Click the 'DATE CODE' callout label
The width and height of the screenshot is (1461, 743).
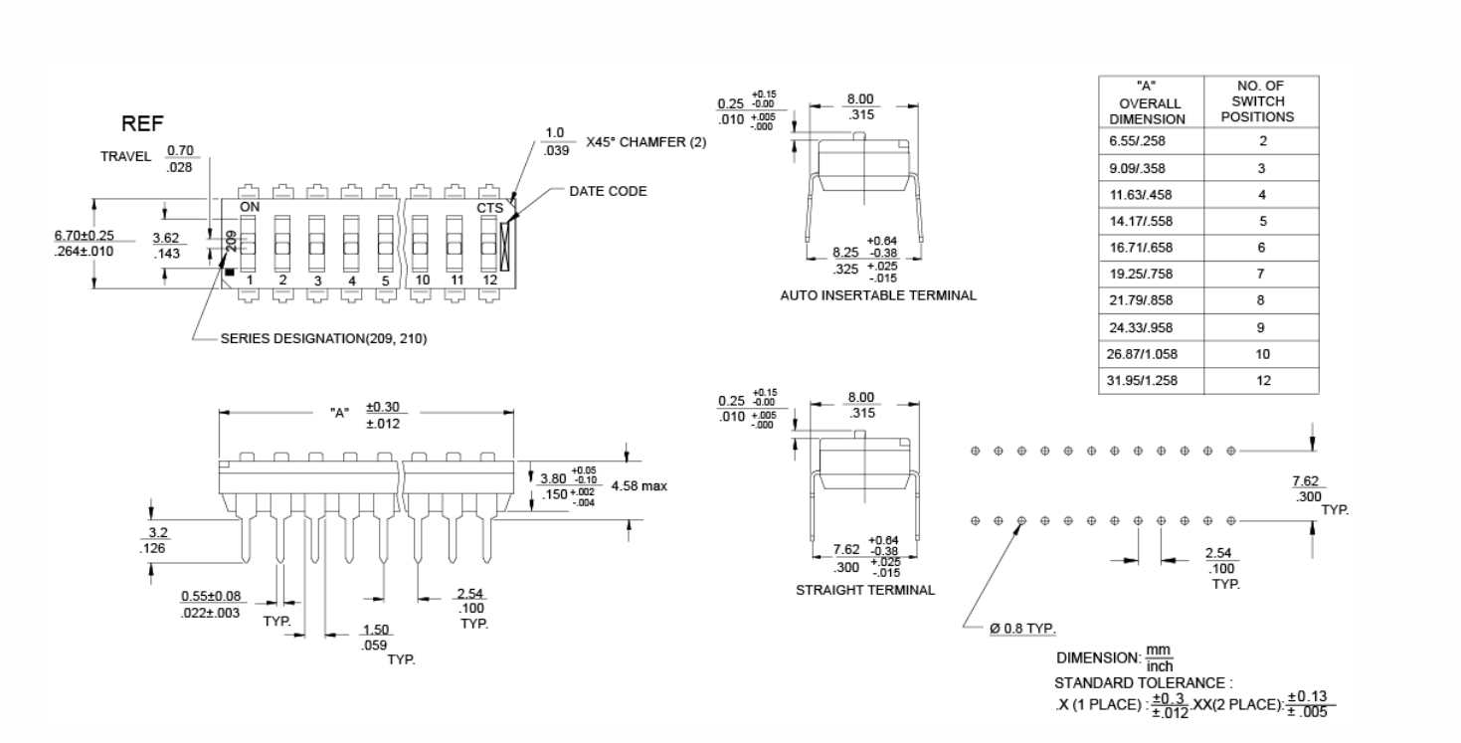tap(608, 191)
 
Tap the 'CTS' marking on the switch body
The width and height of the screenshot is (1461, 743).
tap(489, 208)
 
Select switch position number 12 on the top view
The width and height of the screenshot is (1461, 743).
tap(488, 280)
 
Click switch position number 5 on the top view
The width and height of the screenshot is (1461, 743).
tap(386, 280)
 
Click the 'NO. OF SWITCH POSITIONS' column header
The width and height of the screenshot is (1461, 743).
tap(1261, 100)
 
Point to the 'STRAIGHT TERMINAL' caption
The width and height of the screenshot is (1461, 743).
tap(865, 590)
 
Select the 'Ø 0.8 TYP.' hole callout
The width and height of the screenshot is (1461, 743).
tap(1022, 629)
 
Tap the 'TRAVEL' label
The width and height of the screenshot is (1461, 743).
tap(125, 157)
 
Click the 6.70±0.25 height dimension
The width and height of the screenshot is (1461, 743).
tap(85, 235)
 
